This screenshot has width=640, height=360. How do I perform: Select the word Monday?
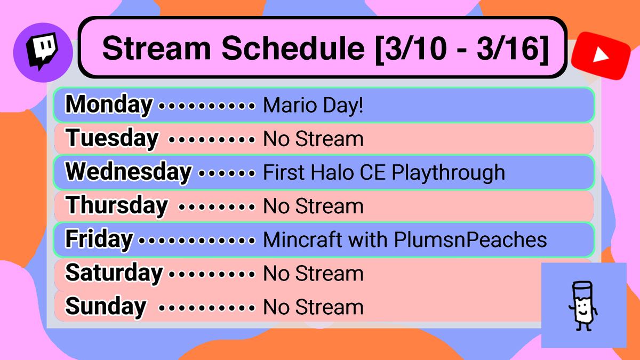coord(109,105)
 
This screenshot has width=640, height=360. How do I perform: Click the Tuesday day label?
coord(112,139)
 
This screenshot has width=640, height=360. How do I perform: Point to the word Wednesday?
coord(128,172)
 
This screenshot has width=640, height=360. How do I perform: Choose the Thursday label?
coord(117,206)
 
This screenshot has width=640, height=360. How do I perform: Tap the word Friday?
coord(99,239)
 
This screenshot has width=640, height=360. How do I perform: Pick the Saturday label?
coord(114,273)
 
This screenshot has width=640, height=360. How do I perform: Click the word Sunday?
coord(106,307)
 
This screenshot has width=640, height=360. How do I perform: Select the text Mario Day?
coord(314,106)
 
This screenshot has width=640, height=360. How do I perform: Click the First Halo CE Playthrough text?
coord(384,173)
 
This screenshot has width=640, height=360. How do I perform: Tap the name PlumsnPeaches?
coord(470,240)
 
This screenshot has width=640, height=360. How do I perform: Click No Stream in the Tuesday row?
coord(314,139)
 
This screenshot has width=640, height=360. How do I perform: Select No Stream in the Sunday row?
coord(314,307)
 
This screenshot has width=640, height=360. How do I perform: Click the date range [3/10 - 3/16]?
coord(462,49)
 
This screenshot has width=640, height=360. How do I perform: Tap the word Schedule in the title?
coord(291,49)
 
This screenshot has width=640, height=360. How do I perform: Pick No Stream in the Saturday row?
coord(314,274)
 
